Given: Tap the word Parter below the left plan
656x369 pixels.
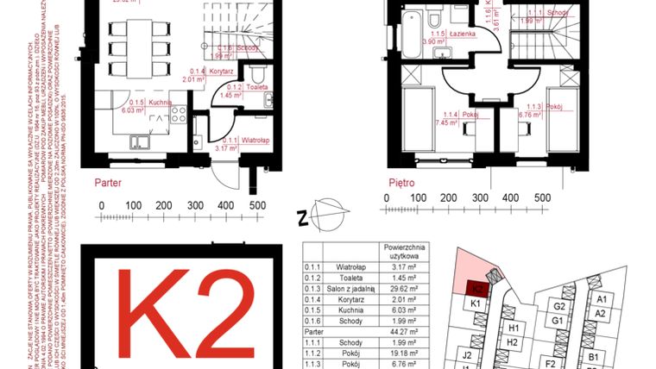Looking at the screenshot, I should coord(110,183).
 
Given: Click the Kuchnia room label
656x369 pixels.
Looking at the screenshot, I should coord(157,103).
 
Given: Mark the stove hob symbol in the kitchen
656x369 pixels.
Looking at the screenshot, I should coord(180,113).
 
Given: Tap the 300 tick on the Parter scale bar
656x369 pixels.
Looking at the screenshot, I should coord(195,206).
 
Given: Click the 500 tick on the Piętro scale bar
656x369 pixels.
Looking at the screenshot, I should coord(543,198).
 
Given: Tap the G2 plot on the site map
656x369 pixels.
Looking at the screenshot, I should coord(559,307).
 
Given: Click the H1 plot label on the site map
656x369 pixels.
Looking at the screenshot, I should coord(513,328).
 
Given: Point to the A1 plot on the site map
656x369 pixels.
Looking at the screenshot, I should coord(602,299).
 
